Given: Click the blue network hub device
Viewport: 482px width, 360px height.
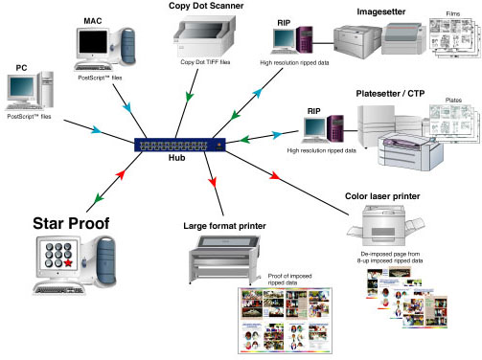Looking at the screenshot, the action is tap(180, 145).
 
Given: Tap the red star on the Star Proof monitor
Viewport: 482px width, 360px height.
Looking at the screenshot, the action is tap(68, 262).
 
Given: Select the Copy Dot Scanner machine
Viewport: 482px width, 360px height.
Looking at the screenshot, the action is tap(204, 36).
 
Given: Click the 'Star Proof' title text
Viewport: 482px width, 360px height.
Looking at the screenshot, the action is tap(71, 223).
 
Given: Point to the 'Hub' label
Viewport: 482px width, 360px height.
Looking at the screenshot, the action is tap(176, 158).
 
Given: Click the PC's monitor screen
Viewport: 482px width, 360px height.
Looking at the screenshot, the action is tap(22, 87).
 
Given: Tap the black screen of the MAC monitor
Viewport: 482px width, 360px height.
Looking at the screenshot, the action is tap(93, 42).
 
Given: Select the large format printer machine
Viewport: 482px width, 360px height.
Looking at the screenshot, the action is tap(224, 259).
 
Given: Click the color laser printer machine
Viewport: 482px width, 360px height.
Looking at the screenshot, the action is tap(386, 226).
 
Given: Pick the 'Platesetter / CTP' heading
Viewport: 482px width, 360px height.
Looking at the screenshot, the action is tap(390, 94).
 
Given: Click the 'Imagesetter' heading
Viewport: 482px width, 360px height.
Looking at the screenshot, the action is tap(381, 11).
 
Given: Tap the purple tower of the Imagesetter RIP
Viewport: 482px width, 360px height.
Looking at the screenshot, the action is tap(305, 40).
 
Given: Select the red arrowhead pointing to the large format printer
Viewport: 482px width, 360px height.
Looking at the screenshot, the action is tap(213, 182).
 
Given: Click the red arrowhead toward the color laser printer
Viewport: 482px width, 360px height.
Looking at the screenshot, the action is tap(275, 175).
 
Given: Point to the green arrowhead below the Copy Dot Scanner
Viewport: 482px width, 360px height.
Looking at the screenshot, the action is tap(190, 97).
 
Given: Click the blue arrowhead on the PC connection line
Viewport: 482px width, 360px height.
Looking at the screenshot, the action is tap(97, 130).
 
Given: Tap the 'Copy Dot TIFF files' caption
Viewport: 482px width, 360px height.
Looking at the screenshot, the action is tap(205, 62).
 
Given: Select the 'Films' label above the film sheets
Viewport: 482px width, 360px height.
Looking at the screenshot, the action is tap(453, 13).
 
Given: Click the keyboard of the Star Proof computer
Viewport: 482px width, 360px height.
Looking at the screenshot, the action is tap(58, 290).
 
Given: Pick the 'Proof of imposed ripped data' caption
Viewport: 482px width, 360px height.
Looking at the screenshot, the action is tap(289, 280).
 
